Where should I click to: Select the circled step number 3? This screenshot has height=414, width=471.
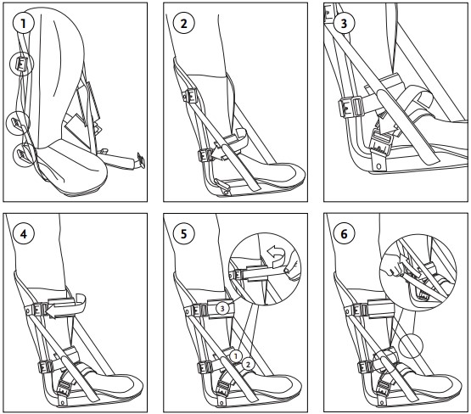tap(343, 23)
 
